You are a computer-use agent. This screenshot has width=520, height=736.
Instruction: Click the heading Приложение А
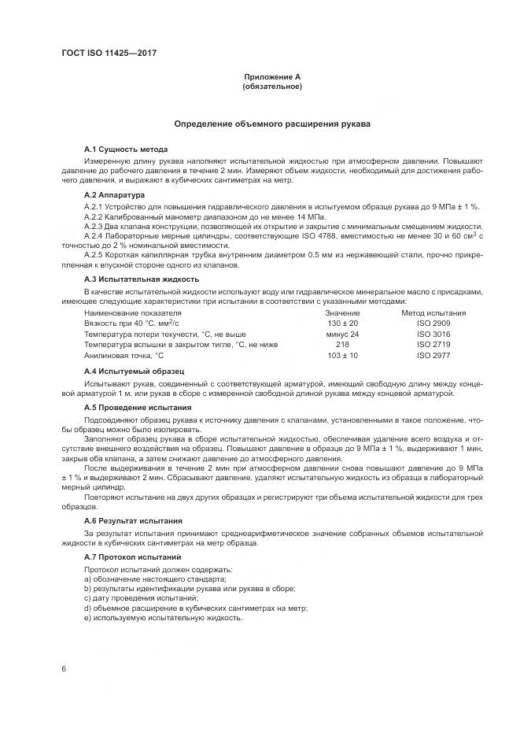272,76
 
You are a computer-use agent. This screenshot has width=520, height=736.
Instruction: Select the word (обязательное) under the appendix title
272,87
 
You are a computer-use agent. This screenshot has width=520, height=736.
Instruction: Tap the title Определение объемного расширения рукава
272,124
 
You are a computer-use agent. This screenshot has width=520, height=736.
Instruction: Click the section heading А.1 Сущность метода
126,149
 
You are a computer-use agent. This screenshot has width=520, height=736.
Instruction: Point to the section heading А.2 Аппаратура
114,194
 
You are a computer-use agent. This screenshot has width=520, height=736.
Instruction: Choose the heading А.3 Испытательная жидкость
141,279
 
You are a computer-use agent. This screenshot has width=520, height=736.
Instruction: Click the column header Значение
341,313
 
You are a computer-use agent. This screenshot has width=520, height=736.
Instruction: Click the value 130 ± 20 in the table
341,324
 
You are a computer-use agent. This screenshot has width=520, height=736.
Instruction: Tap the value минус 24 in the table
341,334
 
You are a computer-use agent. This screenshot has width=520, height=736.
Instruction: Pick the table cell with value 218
341,344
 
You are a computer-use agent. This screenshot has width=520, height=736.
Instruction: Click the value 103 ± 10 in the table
341,355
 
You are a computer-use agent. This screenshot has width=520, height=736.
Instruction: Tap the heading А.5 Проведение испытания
138,408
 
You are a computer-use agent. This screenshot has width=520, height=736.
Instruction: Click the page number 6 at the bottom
64,668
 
